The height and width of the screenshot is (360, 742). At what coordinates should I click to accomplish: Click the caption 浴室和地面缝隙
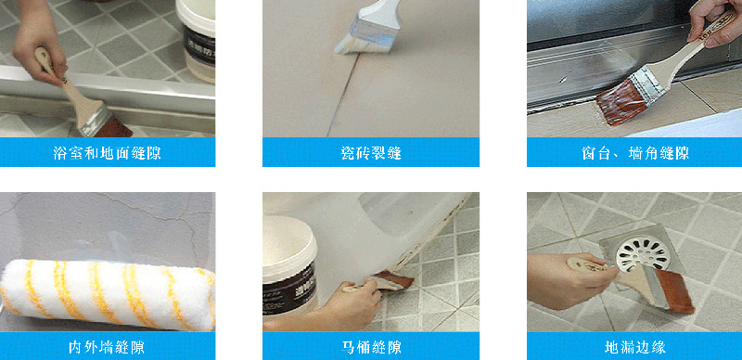pyautogui.click(x=108, y=153)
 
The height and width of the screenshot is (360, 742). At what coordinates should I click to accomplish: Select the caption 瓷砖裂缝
pyautogui.click(x=371, y=153)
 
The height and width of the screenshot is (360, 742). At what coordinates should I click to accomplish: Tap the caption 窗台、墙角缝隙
pyautogui.click(x=634, y=153)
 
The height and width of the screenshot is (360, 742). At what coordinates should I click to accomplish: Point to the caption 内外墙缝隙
pyautogui.click(x=107, y=348)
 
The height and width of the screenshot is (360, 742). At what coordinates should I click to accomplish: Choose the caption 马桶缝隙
pyautogui.click(x=371, y=348)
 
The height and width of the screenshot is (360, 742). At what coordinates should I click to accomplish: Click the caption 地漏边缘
pyautogui.click(x=635, y=348)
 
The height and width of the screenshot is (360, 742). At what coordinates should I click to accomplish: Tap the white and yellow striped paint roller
pyautogui.click(x=108, y=295)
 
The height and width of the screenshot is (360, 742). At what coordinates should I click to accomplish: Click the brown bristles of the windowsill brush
pyautogui.click(x=620, y=102)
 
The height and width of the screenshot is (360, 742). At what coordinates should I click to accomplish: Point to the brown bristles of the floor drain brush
pyautogui.click(x=674, y=289)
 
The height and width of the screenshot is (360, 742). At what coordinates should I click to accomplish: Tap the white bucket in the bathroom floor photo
pyautogui.click(x=196, y=40)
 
